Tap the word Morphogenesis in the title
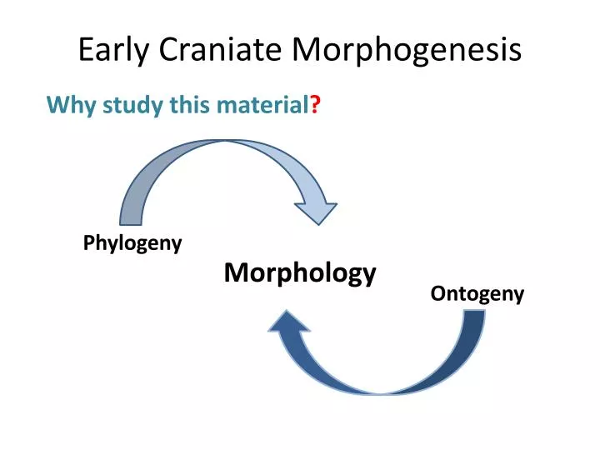pos(407,52)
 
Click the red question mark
pos(317,106)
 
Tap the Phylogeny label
pos(132,243)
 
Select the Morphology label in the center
pos(300,272)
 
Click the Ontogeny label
pos(477,293)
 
